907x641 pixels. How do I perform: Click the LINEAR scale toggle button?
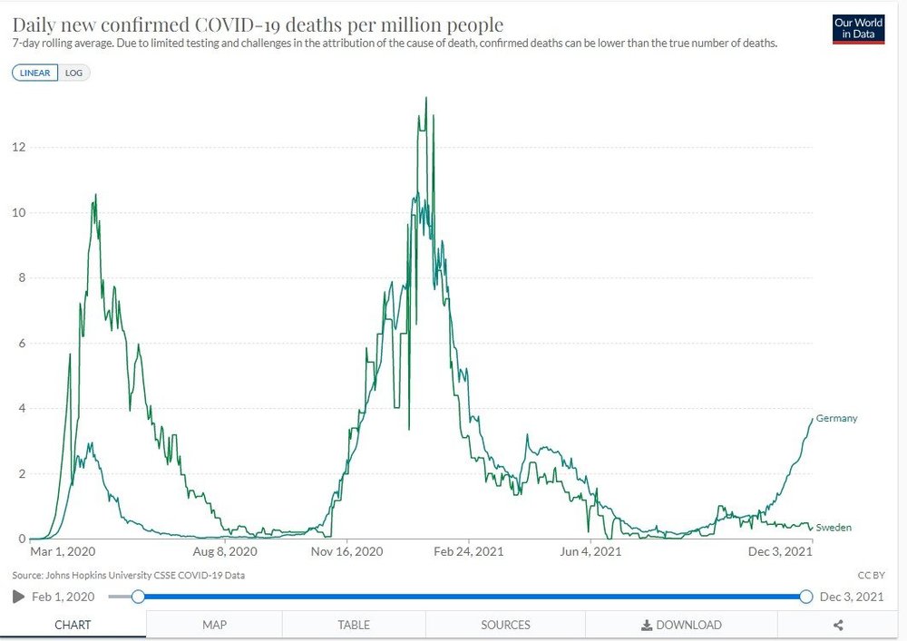[x=35, y=73]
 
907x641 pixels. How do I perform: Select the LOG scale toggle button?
[x=74, y=73]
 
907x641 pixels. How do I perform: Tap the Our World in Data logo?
[x=858, y=29]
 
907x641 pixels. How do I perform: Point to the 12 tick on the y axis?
[x=18, y=147]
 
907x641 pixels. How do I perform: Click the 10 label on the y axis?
[x=18, y=213]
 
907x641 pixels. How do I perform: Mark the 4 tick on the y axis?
[x=21, y=409]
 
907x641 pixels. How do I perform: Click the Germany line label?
[x=836, y=418]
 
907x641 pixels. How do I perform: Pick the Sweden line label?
[x=834, y=527]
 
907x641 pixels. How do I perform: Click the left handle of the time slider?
[x=138, y=596]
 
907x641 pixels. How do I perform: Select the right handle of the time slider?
[x=806, y=596]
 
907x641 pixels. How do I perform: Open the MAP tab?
[x=214, y=625]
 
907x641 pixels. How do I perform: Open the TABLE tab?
[x=354, y=625]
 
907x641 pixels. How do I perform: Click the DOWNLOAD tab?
[x=681, y=625]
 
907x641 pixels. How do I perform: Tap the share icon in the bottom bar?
[x=838, y=625]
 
